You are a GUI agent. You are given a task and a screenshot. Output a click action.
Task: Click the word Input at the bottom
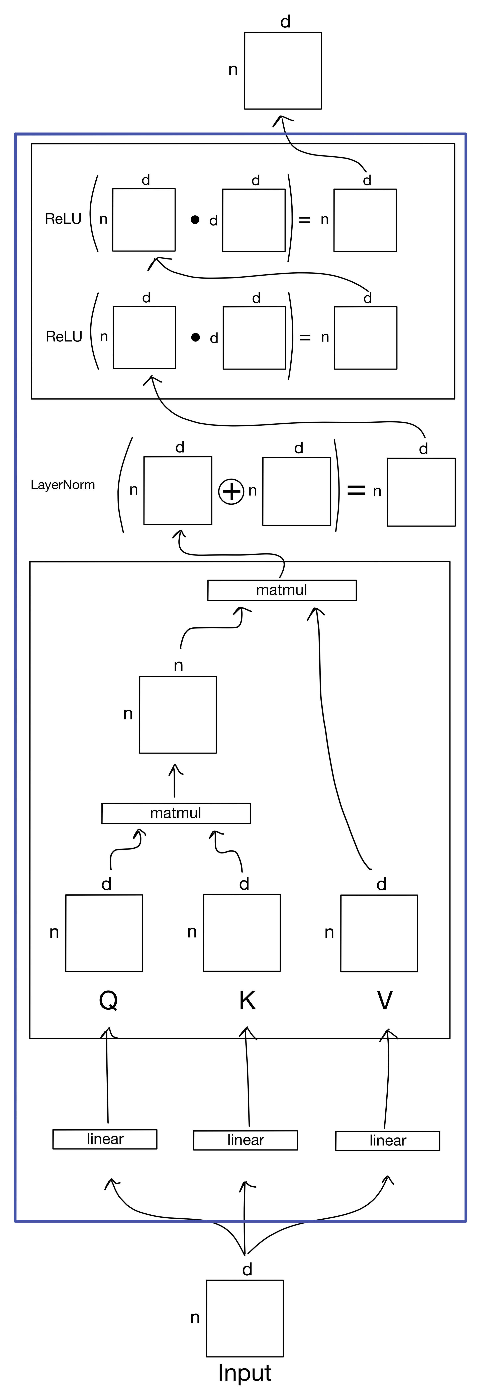(245, 1372)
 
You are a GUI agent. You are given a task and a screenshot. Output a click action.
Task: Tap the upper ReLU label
(63, 219)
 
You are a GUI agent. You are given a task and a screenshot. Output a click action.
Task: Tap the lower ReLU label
(64, 337)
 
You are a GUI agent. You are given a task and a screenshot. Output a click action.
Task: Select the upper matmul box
(282, 590)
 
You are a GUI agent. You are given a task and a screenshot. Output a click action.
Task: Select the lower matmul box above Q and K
(176, 813)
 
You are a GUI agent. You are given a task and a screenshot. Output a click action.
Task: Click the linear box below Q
(105, 1139)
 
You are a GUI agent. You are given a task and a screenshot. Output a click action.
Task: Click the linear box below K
(245, 1140)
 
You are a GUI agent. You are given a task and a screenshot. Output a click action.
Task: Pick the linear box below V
(388, 1141)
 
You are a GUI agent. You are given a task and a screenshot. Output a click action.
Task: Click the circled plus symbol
(231, 492)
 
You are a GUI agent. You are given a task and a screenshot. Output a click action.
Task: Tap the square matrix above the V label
(379, 933)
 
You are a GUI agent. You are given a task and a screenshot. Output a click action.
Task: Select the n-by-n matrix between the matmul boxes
(178, 715)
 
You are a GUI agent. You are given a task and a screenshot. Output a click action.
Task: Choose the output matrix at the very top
(283, 71)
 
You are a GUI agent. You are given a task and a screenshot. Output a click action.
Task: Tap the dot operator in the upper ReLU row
(195, 220)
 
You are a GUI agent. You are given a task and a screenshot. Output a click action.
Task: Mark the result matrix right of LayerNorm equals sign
(421, 492)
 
